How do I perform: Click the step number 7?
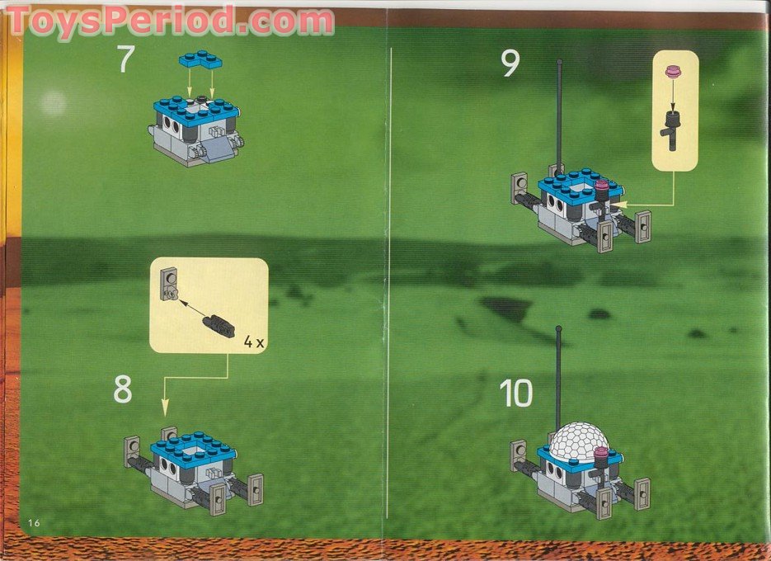tap(125, 60)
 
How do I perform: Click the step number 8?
tap(122, 389)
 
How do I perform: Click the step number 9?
tap(510, 64)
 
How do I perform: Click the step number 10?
tap(516, 394)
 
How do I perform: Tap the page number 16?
tap(33, 522)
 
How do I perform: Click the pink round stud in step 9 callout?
tap(674, 73)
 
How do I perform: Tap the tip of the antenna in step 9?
tap(559, 62)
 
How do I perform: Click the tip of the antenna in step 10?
tap(559, 330)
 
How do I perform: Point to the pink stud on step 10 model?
tap(602, 454)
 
